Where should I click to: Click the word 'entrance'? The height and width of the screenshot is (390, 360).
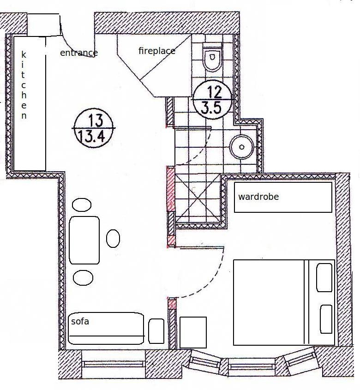[79, 53]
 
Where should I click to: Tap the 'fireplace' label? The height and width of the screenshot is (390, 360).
[157, 51]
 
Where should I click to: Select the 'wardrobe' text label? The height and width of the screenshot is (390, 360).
[258, 197]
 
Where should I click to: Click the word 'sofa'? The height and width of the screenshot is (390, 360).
[80, 321]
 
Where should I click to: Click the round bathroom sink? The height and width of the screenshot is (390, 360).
[241, 147]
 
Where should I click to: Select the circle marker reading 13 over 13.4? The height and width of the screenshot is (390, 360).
[94, 129]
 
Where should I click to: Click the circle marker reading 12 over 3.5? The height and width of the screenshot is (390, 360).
[213, 100]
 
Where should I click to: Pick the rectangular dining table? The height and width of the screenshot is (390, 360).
[84, 240]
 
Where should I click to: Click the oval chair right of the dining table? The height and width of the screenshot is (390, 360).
[113, 239]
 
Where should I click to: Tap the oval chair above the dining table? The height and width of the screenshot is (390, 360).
[82, 205]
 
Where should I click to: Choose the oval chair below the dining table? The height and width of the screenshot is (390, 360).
[83, 277]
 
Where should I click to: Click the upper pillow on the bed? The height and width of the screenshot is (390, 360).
[324, 277]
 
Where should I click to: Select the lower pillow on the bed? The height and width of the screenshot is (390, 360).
[326, 319]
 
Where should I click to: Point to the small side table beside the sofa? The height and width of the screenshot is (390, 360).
[156, 331]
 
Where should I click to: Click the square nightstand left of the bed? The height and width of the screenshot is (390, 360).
[193, 332]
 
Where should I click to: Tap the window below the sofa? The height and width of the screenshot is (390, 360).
[114, 364]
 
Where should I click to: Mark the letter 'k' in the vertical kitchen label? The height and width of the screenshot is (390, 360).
[24, 55]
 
